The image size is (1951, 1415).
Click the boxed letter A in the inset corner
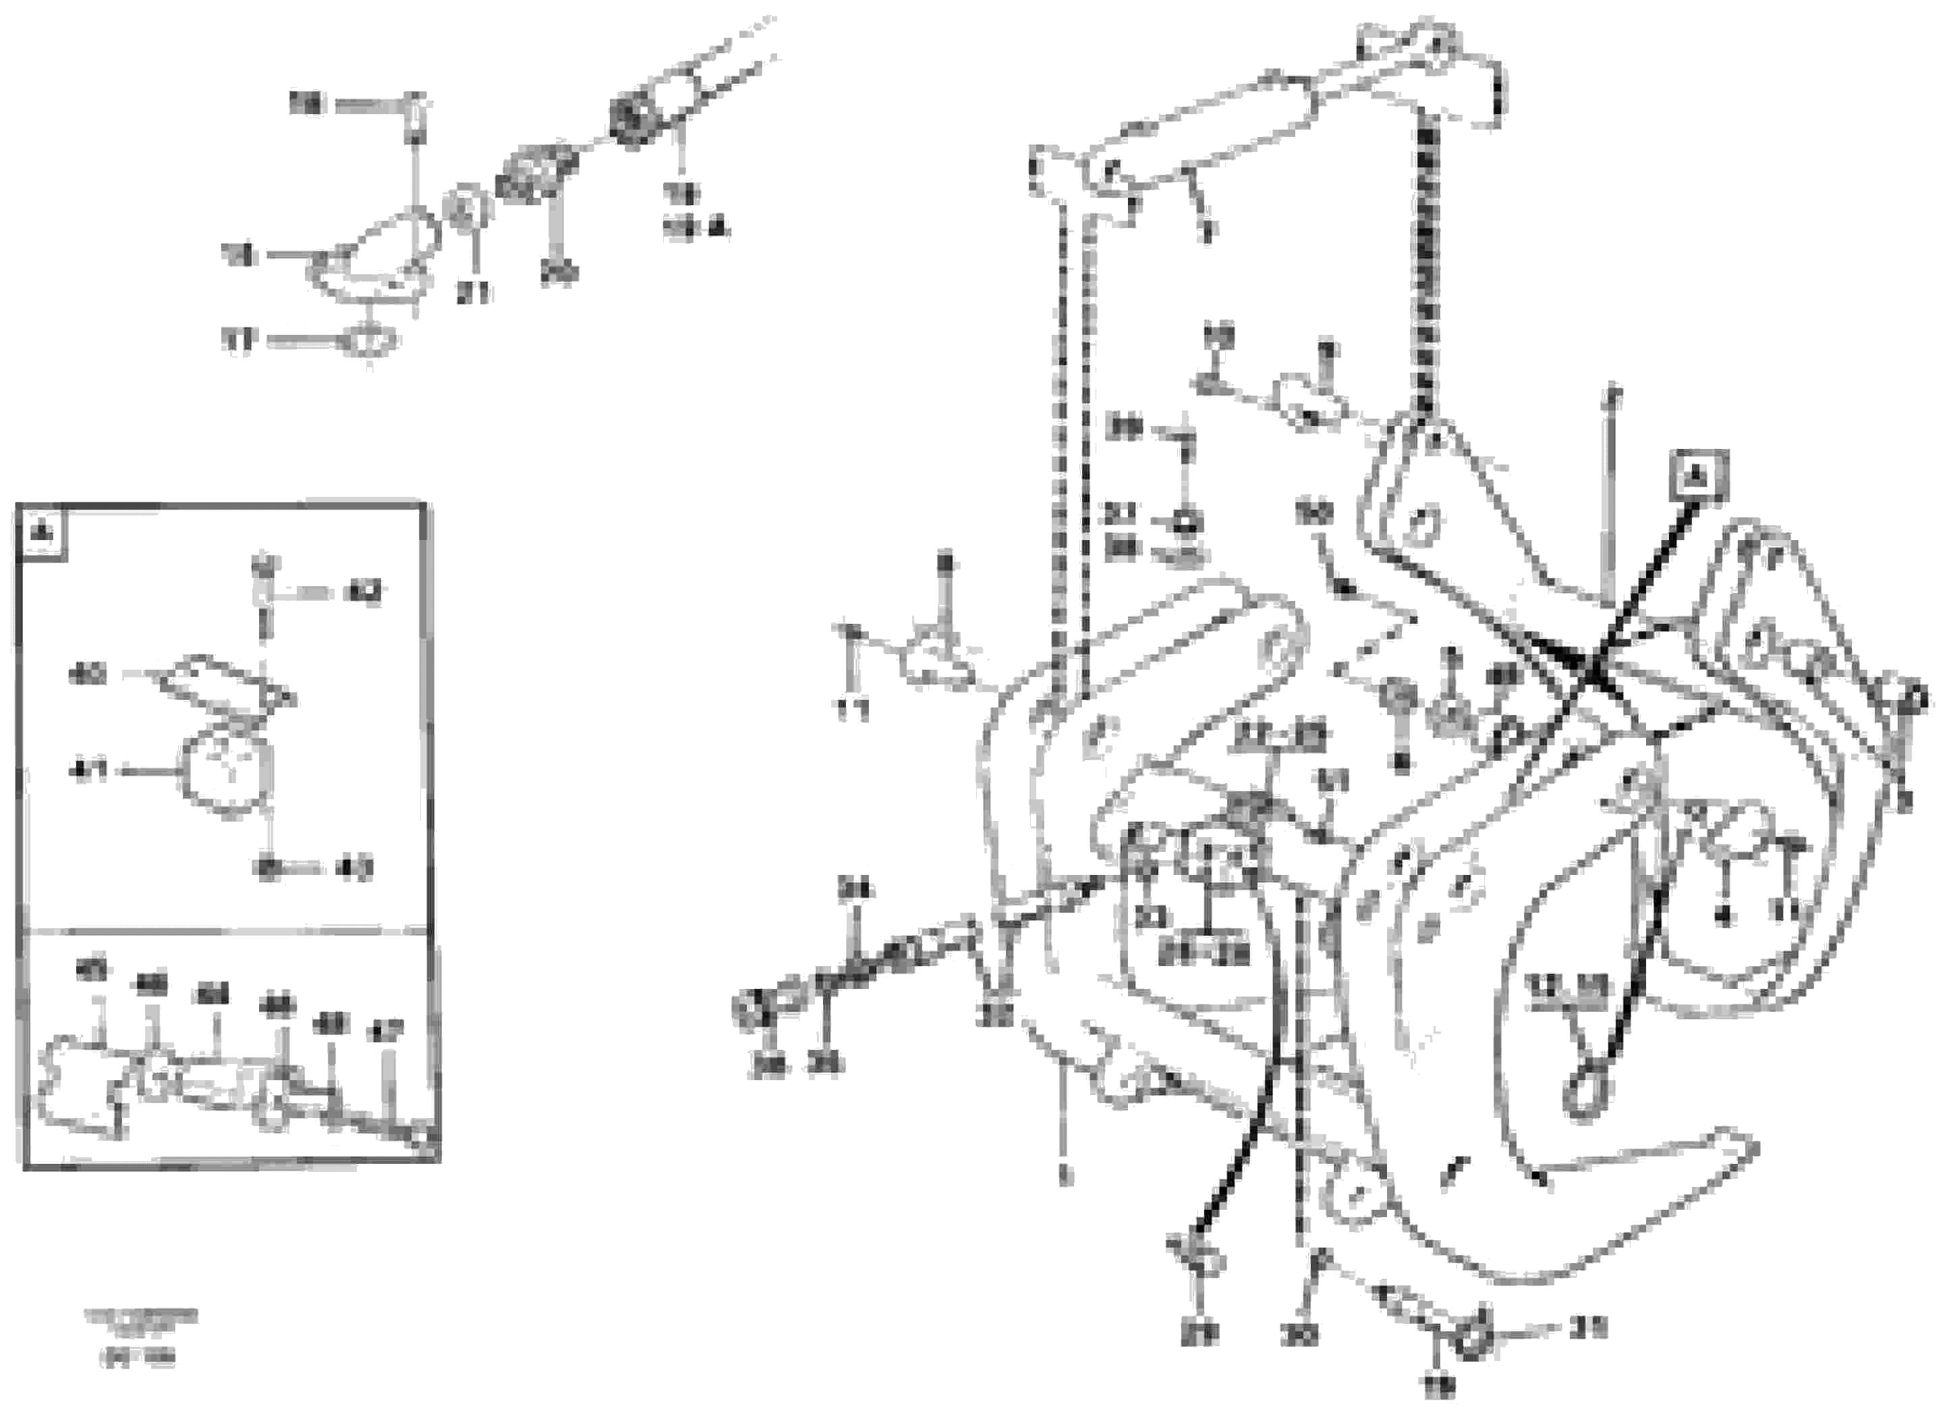point(40,533)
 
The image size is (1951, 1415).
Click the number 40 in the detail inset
point(88,674)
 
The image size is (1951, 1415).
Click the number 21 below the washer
point(472,292)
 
